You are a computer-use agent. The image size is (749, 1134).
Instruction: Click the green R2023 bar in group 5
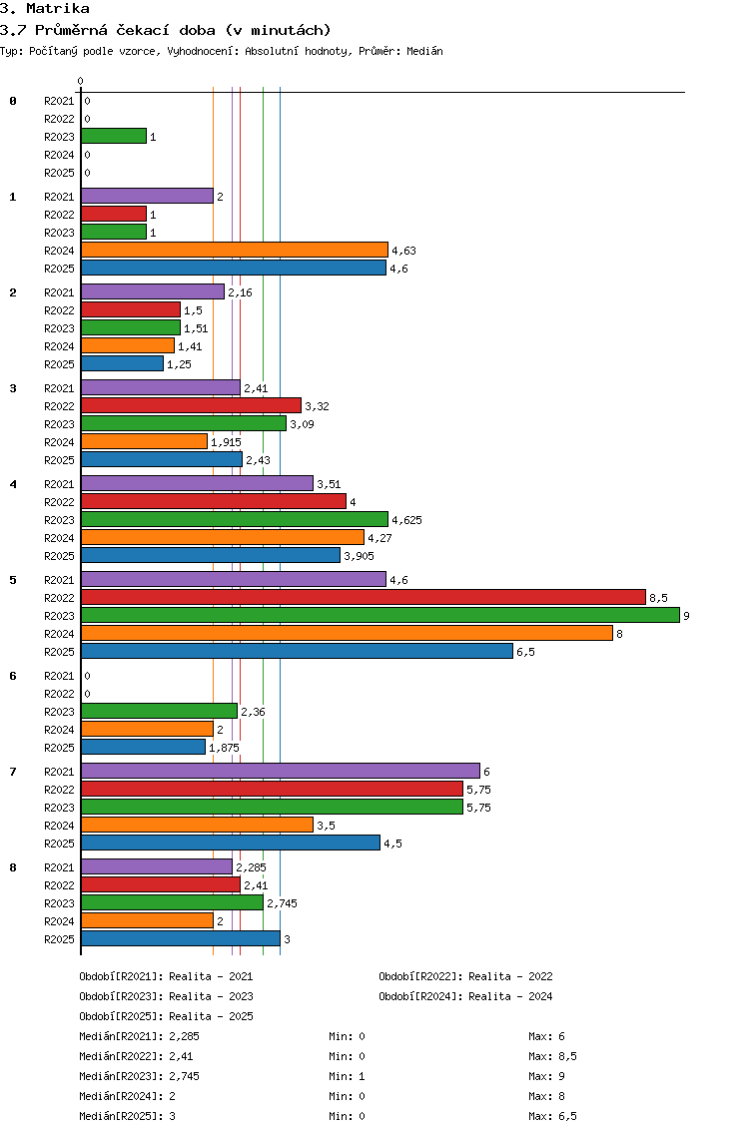pos(380,616)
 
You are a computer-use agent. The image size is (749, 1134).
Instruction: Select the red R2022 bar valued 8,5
pos(364,597)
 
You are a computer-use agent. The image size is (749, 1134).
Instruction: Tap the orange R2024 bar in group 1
pos(235,251)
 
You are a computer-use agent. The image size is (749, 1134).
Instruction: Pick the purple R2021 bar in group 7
pos(281,771)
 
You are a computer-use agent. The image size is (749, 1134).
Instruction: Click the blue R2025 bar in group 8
pos(181,938)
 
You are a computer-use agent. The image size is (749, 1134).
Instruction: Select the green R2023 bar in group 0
pos(114,136)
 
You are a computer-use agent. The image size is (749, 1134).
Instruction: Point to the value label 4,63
pos(403,251)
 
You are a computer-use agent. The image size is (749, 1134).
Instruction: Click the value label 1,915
pos(226,442)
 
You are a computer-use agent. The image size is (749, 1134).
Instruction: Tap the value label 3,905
pos(359,556)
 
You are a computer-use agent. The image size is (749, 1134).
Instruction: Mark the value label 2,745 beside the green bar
pos(283,903)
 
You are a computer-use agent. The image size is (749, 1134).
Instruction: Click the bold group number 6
pos(13,676)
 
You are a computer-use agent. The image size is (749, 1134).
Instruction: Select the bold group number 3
pos(13,388)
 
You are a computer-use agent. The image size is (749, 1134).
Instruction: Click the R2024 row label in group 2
pos(59,346)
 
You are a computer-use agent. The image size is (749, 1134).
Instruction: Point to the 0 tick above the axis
pos(80,81)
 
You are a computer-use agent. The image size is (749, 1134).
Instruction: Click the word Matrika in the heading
pos(58,9)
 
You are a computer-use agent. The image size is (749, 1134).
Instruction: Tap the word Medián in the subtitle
pos(424,51)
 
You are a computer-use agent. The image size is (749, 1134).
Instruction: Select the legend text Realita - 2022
pos(510,976)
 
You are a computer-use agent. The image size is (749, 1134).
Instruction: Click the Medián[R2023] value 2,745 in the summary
pos(185,1076)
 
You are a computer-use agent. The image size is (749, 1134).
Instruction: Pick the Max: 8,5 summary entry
pos(553,1056)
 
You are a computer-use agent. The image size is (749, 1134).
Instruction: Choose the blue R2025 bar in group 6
pos(143,747)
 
